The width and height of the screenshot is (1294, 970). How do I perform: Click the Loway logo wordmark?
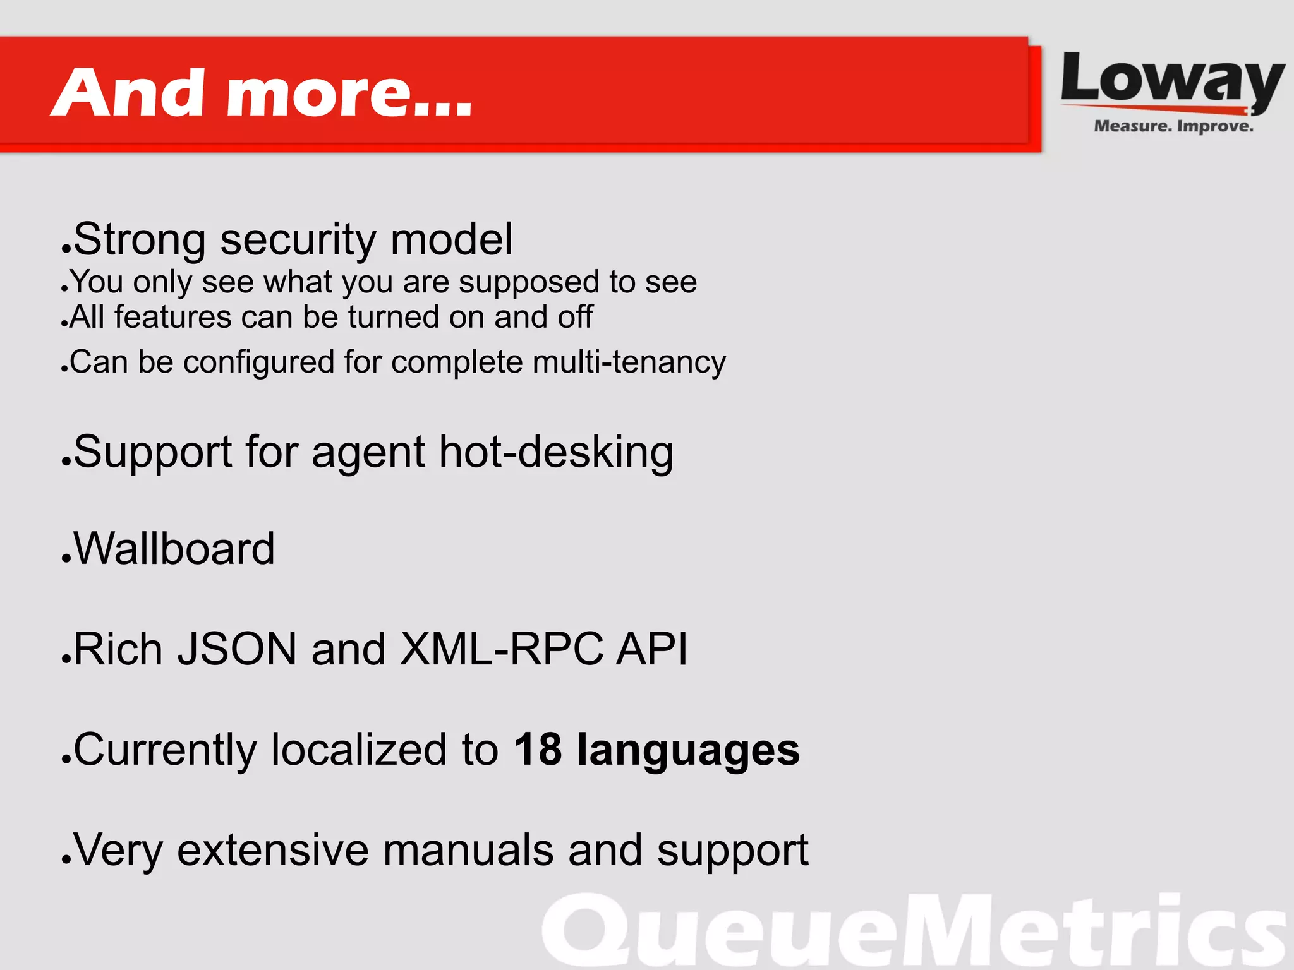click(x=1172, y=80)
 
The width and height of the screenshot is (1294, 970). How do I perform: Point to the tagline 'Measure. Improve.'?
click(x=1173, y=126)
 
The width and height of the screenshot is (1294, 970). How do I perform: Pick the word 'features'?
click(x=172, y=316)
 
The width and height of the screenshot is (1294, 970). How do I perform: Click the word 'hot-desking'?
click(x=556, y=452)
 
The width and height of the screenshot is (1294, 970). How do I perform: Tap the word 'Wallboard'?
click(x=174, y=548)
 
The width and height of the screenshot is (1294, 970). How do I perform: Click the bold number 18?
click(x=538, y=750)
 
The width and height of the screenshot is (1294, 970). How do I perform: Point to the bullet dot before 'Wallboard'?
click(x=66, y=559)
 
